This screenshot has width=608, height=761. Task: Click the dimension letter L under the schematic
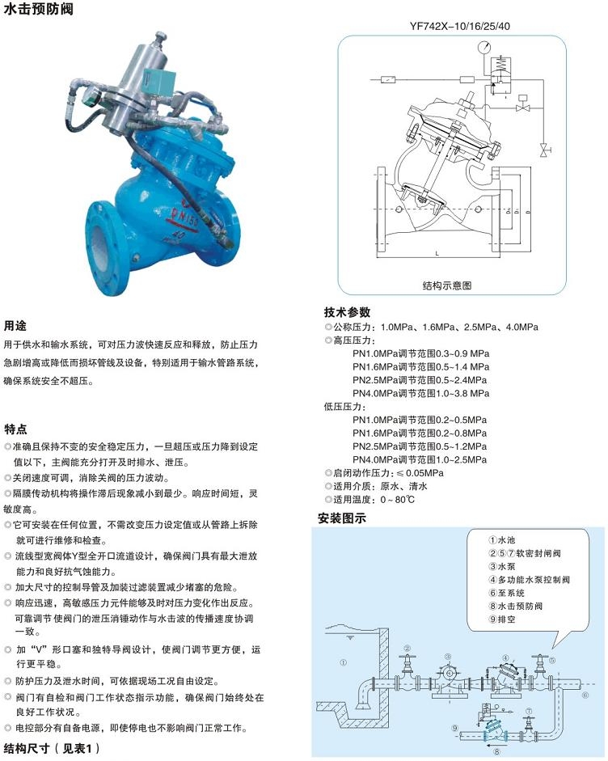click(x=437, y=253)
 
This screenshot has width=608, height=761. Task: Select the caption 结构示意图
click(x=446, y=285)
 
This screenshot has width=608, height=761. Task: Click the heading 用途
click(x=15, y=327)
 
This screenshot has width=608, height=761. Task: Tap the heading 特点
click(x=15, y=429)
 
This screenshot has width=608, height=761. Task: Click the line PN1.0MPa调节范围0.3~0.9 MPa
click(x=420, y=353)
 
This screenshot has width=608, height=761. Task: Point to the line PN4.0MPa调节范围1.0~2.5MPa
click(x=420, y=459)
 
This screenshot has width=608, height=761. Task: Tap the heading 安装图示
click(x=341, y=518)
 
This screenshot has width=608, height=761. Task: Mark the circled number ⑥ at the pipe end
click(x=585, y=694)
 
